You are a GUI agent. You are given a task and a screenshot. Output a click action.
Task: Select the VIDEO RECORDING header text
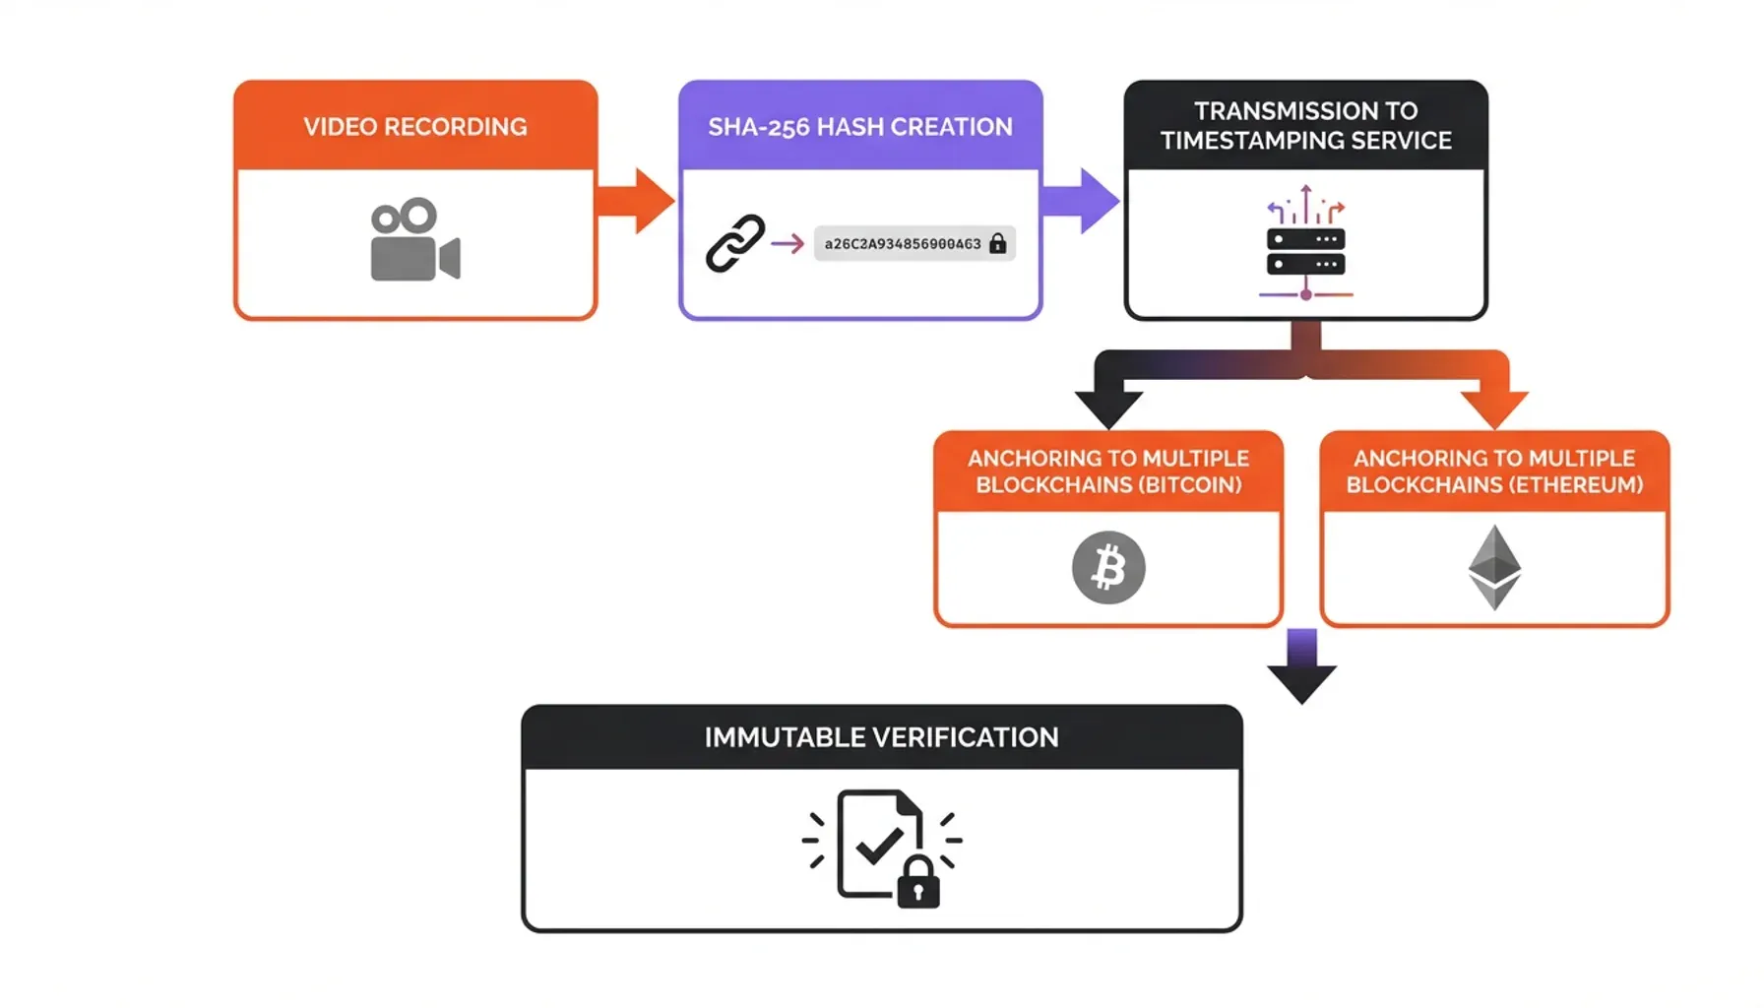point(414,127)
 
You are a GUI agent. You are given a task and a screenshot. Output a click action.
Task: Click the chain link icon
point(735,243)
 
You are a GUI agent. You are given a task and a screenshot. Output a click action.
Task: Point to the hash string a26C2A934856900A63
point(902,244)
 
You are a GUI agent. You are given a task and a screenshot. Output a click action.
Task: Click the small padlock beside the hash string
point(997,243)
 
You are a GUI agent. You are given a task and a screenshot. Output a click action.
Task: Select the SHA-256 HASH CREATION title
point(859,127)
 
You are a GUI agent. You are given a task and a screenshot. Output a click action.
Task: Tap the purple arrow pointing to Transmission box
point(1082,201)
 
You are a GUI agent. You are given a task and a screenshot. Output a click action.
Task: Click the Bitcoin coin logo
point(1108,568)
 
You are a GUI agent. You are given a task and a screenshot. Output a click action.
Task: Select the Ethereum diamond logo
point(1494,567)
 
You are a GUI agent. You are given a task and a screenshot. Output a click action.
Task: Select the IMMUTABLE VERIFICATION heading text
point(881,737)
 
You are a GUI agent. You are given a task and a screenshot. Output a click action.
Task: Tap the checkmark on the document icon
point(879,845)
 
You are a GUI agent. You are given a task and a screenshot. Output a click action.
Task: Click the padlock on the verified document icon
point(918,883)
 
